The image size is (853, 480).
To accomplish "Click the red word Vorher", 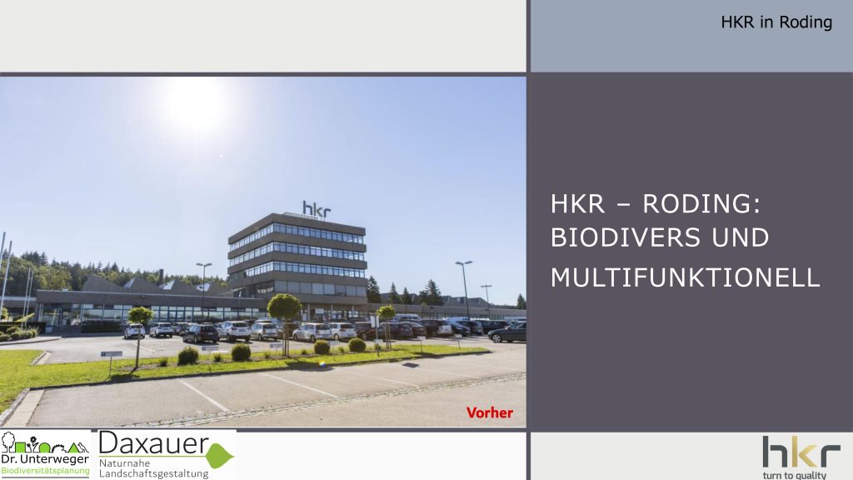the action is [490, 412].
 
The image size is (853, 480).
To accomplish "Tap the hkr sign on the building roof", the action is [317, 209].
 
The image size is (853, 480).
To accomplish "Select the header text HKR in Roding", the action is [776, 22].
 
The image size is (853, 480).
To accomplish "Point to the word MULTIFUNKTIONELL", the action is [685, 277].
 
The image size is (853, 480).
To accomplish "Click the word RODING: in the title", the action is [701, 204].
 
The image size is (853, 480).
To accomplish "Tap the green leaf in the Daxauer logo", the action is [220, 456].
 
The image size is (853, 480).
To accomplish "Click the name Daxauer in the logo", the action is [154, 443].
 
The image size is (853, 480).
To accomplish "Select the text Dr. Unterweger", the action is [45, 459].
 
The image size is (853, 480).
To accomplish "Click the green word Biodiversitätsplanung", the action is [45, 471].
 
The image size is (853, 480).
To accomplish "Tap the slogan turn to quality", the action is [794, 475].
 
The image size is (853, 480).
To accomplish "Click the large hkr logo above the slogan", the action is [801, 451].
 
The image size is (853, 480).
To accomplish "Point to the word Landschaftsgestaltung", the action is [153, 474].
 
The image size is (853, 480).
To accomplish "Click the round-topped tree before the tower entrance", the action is [284, 307].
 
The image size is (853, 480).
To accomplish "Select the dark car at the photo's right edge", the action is [507, 332].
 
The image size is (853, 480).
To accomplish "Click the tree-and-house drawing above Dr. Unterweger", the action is [45, 443].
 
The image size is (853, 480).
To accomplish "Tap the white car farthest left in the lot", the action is [134, 331].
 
